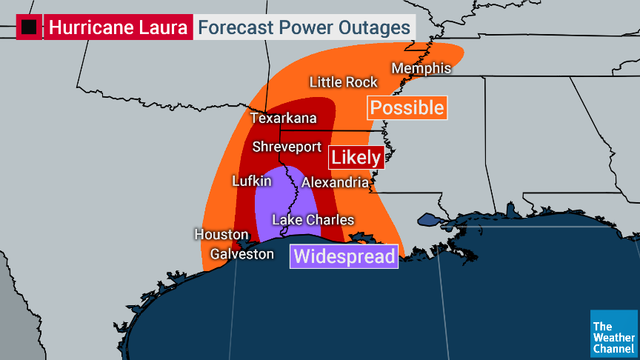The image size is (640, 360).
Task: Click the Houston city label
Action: tap(221, 234)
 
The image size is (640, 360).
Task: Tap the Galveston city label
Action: tap(241, 254)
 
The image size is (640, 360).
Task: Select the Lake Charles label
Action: tap(313, 220)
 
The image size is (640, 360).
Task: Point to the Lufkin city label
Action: tap(252, 181)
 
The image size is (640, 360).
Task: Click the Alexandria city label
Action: tap(335, 182)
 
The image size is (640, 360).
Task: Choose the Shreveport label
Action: tap(287, 147)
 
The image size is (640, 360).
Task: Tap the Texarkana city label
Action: tap(283, 118)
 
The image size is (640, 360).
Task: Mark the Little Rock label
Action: tap(344, 82)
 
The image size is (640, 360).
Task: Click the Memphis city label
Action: tap(421, 68)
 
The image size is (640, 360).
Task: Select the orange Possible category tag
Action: tap(407, 108)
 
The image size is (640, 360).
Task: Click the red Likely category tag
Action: tap(356, 157)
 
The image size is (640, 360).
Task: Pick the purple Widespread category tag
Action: tap(344, 256)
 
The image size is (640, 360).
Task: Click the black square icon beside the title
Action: tap(29, 28)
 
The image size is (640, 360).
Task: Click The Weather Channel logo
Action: tap(613, 333)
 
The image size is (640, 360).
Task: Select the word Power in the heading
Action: tap(304, 28)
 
